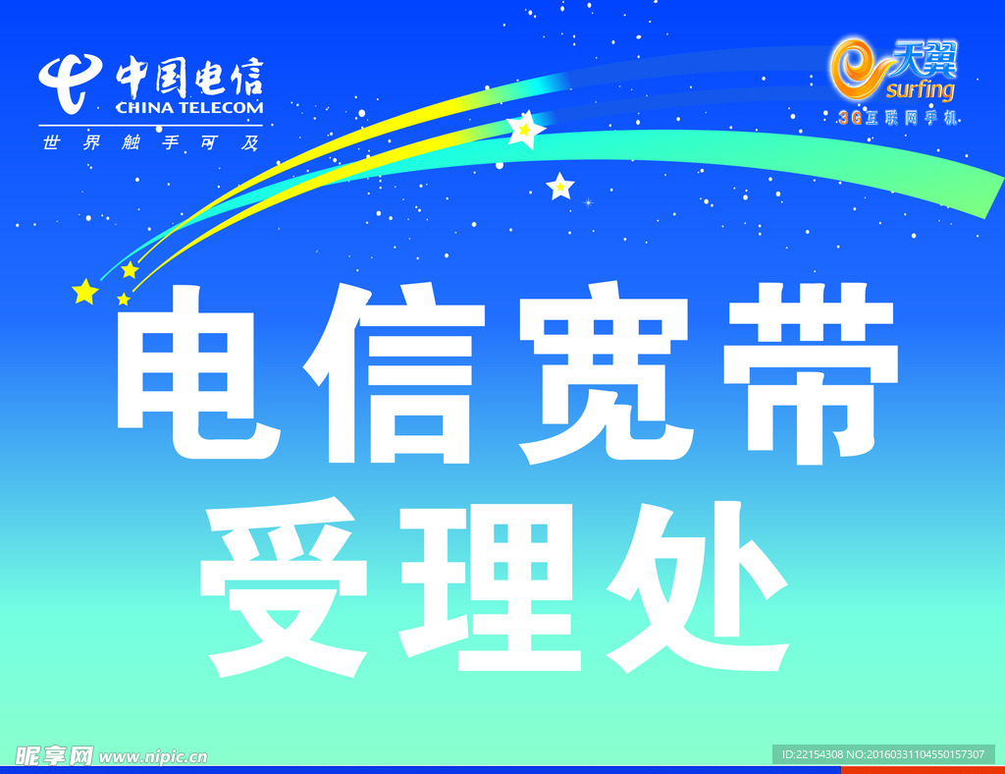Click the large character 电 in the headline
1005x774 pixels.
(x=202, y=371)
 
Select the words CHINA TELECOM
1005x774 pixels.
(x=189, y=108)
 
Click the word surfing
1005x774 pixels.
(x=919, y=91)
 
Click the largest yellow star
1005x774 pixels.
(x=85, y=291)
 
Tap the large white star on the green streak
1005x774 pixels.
(x=526, y=130)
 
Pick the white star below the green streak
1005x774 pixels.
(x=559, y=187)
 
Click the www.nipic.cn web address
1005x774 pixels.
(x=153, y=756)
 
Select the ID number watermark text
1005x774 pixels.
(x=882, y=754)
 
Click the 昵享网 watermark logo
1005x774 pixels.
(x=54, y=755)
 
